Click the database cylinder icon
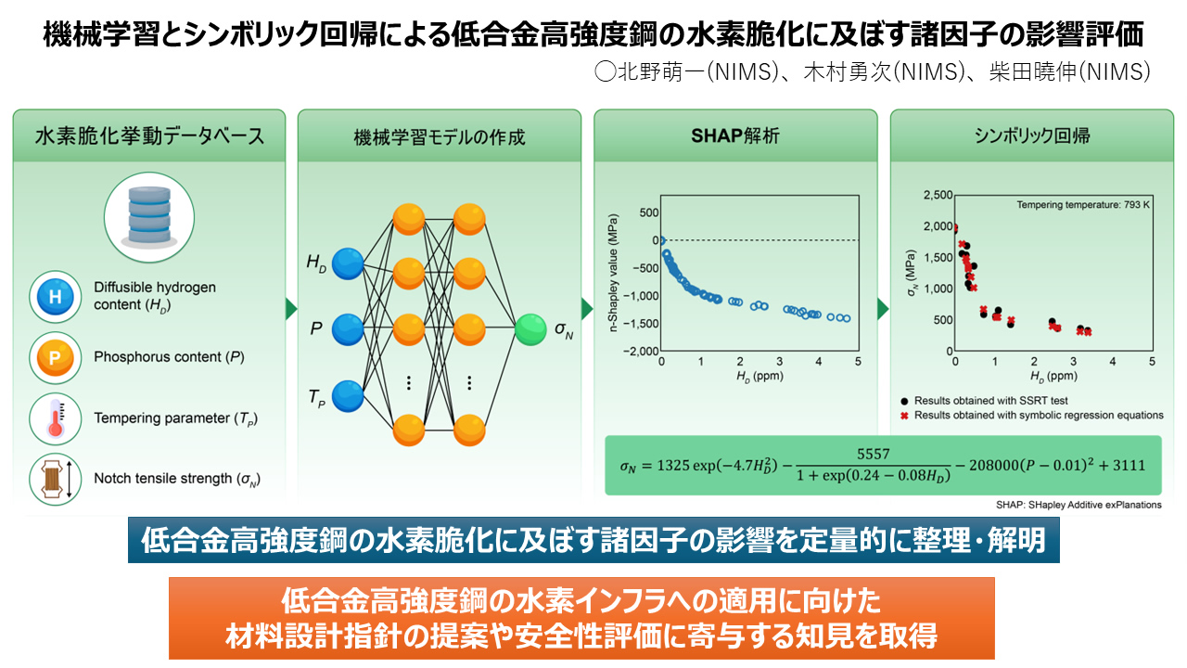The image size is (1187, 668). point(148,212)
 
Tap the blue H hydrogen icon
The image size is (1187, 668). point(55,297)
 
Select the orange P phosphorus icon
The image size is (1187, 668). point(55,357)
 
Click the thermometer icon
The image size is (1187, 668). point(55,417)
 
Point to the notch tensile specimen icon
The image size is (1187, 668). point(55,479)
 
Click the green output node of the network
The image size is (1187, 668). point(530,329)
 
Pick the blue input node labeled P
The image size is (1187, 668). point(348,328)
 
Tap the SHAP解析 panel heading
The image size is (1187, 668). point(735,135)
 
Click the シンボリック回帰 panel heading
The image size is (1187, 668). point(1031,135)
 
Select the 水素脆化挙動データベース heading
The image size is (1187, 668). point(149,135)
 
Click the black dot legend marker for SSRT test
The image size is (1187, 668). point(903,400)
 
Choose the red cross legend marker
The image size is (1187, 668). point(903,415)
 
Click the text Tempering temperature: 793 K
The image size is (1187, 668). point(1083,204)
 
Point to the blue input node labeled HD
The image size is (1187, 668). point(348,264)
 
